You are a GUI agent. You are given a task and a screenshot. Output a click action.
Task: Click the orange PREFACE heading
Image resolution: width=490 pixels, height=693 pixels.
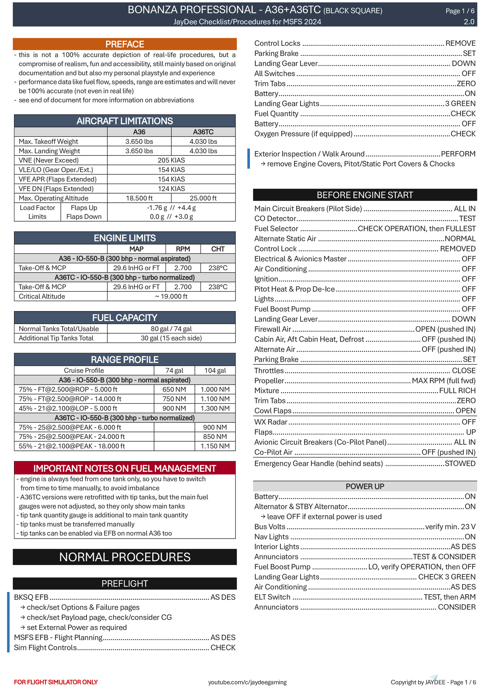[125, 44]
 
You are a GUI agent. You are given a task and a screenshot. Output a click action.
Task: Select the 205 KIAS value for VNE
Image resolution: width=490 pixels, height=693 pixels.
[171, 160]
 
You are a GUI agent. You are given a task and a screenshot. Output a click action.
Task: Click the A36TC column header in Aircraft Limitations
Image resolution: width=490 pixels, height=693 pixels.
[203, 132]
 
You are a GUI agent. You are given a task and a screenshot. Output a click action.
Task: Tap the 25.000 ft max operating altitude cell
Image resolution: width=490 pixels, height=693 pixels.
[203, 198]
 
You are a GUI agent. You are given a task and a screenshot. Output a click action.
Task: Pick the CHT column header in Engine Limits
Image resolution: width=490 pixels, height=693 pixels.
[218, 249]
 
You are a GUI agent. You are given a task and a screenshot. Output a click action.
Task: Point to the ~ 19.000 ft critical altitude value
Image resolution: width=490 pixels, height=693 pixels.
[171, 296]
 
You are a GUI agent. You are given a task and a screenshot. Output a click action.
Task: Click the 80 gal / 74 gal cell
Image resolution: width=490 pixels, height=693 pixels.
[171, 329]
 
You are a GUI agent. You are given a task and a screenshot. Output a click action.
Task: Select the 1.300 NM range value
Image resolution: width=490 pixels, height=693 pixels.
[215, 408]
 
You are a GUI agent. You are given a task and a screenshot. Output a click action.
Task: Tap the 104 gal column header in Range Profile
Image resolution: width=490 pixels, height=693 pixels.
[215, 371]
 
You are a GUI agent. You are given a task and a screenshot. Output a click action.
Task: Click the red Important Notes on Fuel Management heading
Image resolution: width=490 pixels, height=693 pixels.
[125, 468]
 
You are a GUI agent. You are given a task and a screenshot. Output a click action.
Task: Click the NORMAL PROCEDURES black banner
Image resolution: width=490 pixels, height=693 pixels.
[125, 557]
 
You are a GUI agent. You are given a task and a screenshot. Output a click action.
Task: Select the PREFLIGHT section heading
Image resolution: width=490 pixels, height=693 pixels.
[125, 584]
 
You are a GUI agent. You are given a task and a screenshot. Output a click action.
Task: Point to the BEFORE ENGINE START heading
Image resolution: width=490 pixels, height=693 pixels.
[365, 195]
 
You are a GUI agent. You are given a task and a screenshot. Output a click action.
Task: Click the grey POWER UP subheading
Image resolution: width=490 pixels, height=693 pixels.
[365, 486]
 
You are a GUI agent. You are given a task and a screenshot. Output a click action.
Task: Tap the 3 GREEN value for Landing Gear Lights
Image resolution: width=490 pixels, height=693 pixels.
[460, 104]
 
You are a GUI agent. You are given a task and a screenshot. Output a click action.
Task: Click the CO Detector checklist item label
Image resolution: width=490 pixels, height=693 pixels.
[275, 219]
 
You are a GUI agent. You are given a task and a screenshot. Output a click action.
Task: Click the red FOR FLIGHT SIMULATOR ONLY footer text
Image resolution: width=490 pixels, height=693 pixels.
[56, 682]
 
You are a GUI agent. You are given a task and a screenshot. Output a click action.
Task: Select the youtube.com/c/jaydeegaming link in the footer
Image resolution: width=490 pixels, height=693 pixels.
[247, 682]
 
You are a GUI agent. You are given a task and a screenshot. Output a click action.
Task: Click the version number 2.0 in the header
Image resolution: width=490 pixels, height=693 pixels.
[469, 22]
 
